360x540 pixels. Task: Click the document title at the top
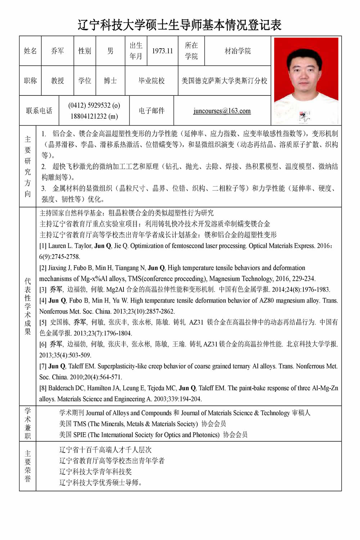click(180, 25)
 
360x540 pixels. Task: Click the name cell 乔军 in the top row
click(58, 51)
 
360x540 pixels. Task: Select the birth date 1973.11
click(162, 51)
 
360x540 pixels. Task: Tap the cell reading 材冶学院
click(238, 51)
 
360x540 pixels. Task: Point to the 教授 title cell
click(58, 81)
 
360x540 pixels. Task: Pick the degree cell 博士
click(110, 81)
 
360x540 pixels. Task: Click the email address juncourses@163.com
click(222, 111)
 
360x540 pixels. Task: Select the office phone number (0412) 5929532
click(94, 105)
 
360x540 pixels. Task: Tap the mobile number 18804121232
click(94, 116)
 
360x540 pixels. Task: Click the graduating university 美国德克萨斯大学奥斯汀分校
click(224, 81)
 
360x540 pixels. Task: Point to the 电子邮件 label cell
click(152, 111)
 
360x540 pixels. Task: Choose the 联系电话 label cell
click(39, 111)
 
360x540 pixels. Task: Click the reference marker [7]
click(43, 366)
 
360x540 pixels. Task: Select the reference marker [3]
click(43, 289)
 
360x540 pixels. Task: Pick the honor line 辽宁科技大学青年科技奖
click(95, 472)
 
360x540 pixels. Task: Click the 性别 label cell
click(85, 51)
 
